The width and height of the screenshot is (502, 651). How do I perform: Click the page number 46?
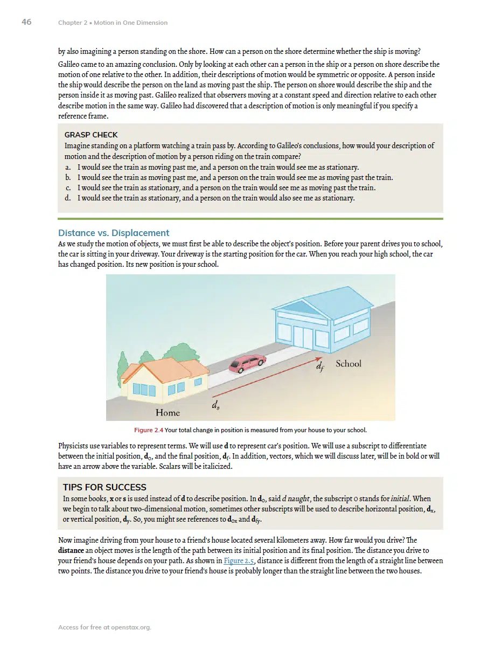point(26,22)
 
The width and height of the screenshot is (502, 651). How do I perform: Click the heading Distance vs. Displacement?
point(114,233)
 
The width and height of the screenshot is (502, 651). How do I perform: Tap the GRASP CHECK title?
point(91,135)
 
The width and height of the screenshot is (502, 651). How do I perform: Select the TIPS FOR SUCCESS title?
point(104,487)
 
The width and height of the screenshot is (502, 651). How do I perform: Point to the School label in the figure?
point(348,364)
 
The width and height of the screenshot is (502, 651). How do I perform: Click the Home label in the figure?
point(168,413)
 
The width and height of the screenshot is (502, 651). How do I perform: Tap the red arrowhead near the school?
point(318,358)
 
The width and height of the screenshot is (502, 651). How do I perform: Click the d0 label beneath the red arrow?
point(215,405)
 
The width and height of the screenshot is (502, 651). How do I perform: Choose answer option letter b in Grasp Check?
point(68,178)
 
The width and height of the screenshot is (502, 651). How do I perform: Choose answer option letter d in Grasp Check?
point(68,198)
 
